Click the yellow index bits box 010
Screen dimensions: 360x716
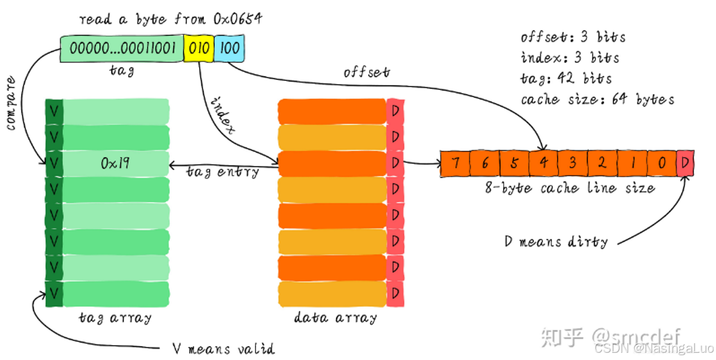198,48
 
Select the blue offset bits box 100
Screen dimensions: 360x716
229,48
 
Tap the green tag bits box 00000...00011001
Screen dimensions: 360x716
122,48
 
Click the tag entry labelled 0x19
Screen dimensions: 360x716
113,163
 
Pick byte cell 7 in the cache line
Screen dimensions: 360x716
455,164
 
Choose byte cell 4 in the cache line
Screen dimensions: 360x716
543,164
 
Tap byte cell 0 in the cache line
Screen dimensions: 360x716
661,164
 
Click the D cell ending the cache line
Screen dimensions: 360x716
685,164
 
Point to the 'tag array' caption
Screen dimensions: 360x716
115,317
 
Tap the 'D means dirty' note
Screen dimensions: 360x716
556,242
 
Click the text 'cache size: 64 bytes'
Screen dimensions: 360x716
597,99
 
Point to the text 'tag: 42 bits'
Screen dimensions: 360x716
566,79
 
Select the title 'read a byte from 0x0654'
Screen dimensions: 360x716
170,20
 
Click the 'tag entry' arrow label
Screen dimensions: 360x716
222,172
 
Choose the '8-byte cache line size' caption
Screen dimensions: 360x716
569,188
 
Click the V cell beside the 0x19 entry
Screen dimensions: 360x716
54,163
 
